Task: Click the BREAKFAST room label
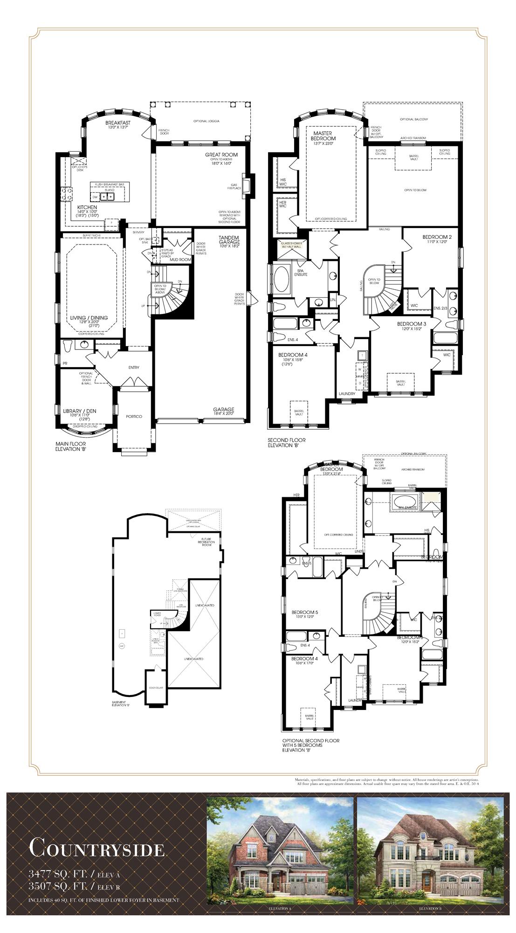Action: pyautogui.click(x=118, y=123)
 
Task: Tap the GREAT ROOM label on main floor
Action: pyautogui.click(x=221, y=154)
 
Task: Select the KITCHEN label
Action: pyautogui.click(x=87, y=207)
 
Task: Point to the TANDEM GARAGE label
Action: pyautogui.click(x=229, y=239)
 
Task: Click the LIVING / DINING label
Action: pyautogui.click(x=89, y=318)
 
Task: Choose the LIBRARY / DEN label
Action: pyautogui.click(x=79, y=411)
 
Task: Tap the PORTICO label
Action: pyautogui.click(x=134, y=416)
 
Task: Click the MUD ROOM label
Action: pyautogui.click(x=180, y=259)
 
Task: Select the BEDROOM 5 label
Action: pyautogui.click(x=304, y=612)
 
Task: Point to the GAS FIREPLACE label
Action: pyautogui.click(x=234, y=186)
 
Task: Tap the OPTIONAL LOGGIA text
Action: pyautogui.click(x=206, y=121)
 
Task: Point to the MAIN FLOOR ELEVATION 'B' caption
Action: pyautogui.click(x=71, y=446)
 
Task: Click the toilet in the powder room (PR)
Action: pyautogui.click(x=68, y=345)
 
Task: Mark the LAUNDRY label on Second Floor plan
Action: pyautogui.click(x=347, y=394)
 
